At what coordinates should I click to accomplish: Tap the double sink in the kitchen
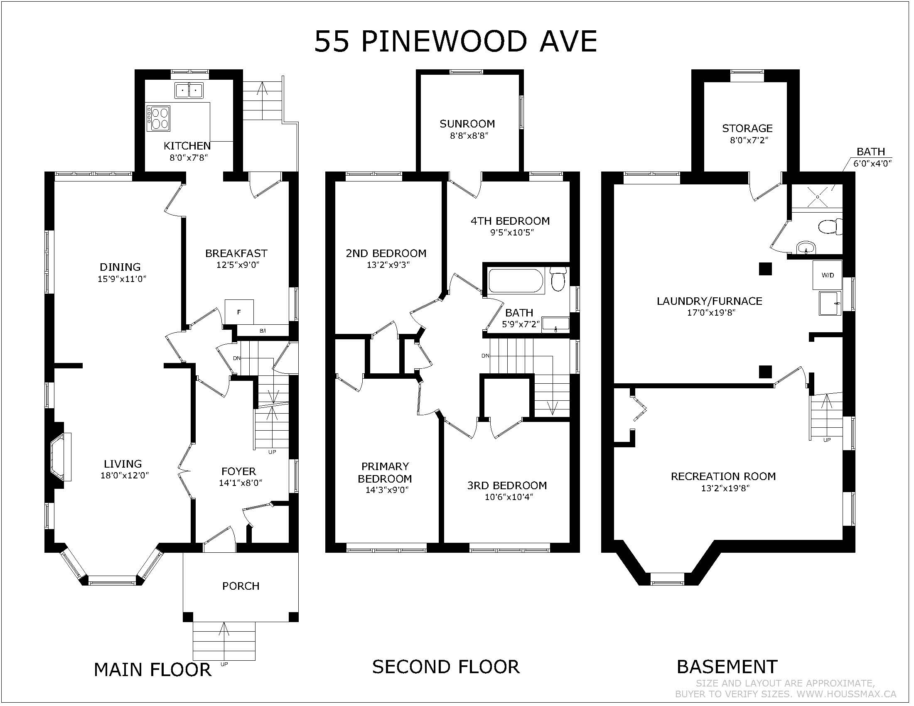189,91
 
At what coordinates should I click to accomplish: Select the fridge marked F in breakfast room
239,311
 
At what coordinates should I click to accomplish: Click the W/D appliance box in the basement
827,275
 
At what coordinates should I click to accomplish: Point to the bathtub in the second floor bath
516,281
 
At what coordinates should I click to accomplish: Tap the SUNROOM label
467,124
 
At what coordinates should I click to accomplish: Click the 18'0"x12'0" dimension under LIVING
125,476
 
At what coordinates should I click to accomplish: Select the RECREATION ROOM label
723,476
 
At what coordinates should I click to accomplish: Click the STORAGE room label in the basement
747,128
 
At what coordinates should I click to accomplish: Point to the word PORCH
241,586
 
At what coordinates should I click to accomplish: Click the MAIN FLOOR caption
152,669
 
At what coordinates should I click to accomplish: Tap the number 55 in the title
332,42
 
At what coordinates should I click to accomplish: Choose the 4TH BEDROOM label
510,221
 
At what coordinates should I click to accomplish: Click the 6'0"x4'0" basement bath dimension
872,163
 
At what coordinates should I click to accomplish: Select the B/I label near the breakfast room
263,331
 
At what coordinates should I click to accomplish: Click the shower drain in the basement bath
817,196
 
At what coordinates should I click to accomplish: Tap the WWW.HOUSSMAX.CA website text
846,694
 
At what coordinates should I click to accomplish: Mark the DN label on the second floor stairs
485,356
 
